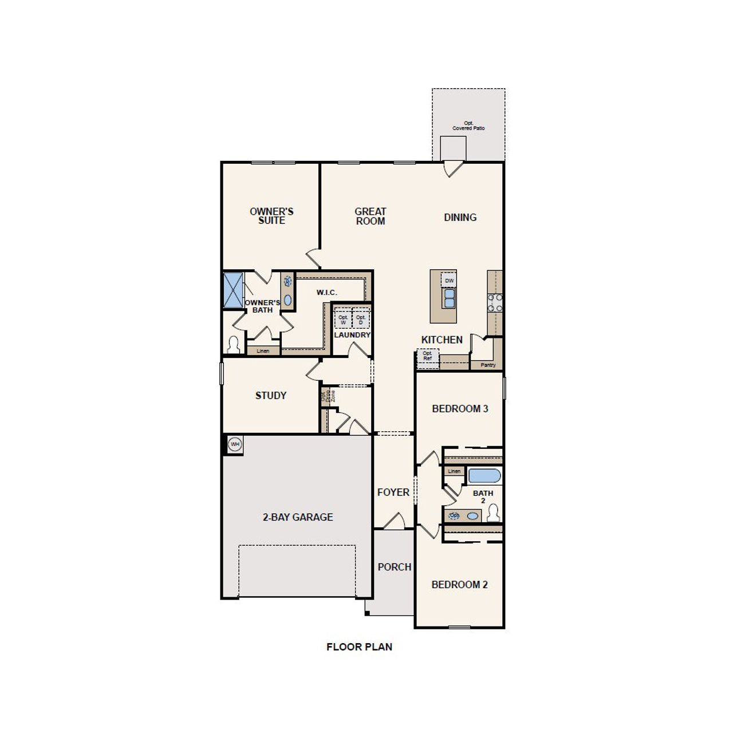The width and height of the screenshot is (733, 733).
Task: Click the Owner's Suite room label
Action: point(271,216)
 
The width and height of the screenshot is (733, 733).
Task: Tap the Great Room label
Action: point(371,216)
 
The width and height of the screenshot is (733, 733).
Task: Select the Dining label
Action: point(460,218)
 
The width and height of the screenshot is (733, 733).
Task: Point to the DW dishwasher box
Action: point(449,281)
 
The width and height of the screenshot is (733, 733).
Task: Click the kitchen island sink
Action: point(449,298)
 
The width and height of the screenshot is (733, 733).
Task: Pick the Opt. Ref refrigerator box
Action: point(427,356)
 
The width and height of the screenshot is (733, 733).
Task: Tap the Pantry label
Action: point(488,365)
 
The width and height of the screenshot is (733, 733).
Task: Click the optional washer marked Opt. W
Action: point(343,320)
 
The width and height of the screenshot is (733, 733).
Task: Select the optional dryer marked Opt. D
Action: point(360,320)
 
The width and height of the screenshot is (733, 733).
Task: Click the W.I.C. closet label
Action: point(326,293)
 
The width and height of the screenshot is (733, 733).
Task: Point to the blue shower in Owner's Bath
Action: point(233,290)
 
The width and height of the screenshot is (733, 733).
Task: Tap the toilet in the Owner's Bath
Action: point(233,345)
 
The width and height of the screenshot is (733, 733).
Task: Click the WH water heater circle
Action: point(235,444)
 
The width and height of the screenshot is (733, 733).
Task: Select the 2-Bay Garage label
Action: point(297,517)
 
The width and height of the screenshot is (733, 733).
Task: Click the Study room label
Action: point(270,396)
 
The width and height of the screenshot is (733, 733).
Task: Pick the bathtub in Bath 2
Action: point(484,476)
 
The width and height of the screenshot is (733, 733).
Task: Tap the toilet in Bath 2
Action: point(493,514)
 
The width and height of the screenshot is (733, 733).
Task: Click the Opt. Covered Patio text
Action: point(468,125)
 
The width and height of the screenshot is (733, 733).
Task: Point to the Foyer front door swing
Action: point(394,521)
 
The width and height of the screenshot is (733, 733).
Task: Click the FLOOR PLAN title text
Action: point(359,647)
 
